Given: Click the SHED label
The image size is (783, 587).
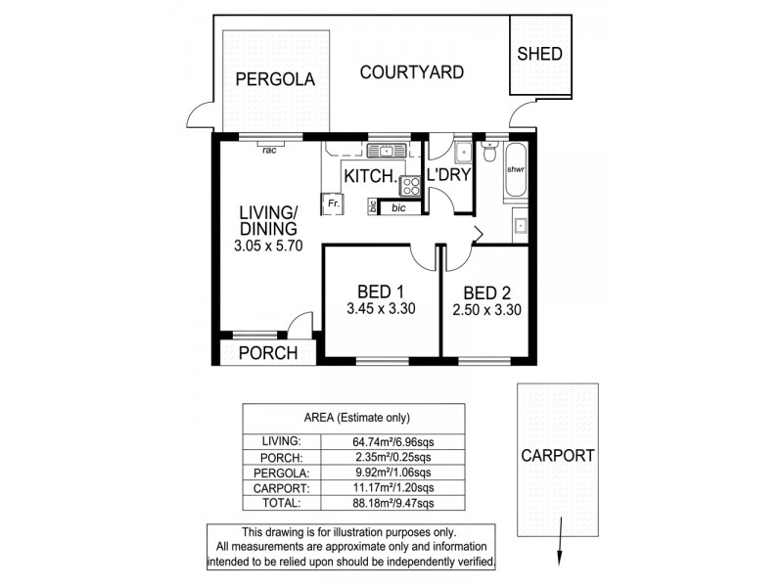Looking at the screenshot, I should coord(539,54).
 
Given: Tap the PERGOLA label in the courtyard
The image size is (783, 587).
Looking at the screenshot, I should coord(275,80).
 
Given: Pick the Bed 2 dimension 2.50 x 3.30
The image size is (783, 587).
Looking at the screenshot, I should coord(485,310).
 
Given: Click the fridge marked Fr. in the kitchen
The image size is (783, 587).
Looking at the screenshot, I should coord(334,203).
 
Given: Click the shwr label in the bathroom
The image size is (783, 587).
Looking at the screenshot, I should coord(515,167).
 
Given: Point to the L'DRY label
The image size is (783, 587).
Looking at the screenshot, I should coord(450,176).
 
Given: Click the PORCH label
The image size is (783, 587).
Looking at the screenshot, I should coord(267,353).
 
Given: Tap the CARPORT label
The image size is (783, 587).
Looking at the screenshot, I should coord(557,455).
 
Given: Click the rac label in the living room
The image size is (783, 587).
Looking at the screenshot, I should coord(268,150).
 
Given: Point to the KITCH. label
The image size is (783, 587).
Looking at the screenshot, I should coord(370,176).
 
